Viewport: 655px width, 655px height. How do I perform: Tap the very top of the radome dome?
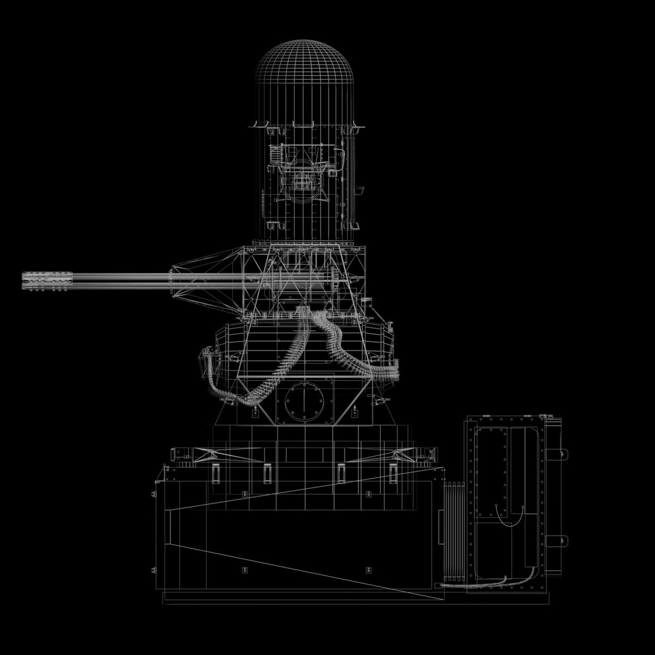(x=306, y=41)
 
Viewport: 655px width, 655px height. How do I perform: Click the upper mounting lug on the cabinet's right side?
(x=563, y=453)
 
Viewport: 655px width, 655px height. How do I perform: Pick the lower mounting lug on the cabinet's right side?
(x=563, y=540)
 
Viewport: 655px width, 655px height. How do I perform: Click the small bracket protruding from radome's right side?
(x=360, y=192)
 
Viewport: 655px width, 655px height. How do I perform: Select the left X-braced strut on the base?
(x=200, y=453)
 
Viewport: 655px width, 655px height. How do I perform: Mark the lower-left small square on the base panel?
(x=244, y=569)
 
